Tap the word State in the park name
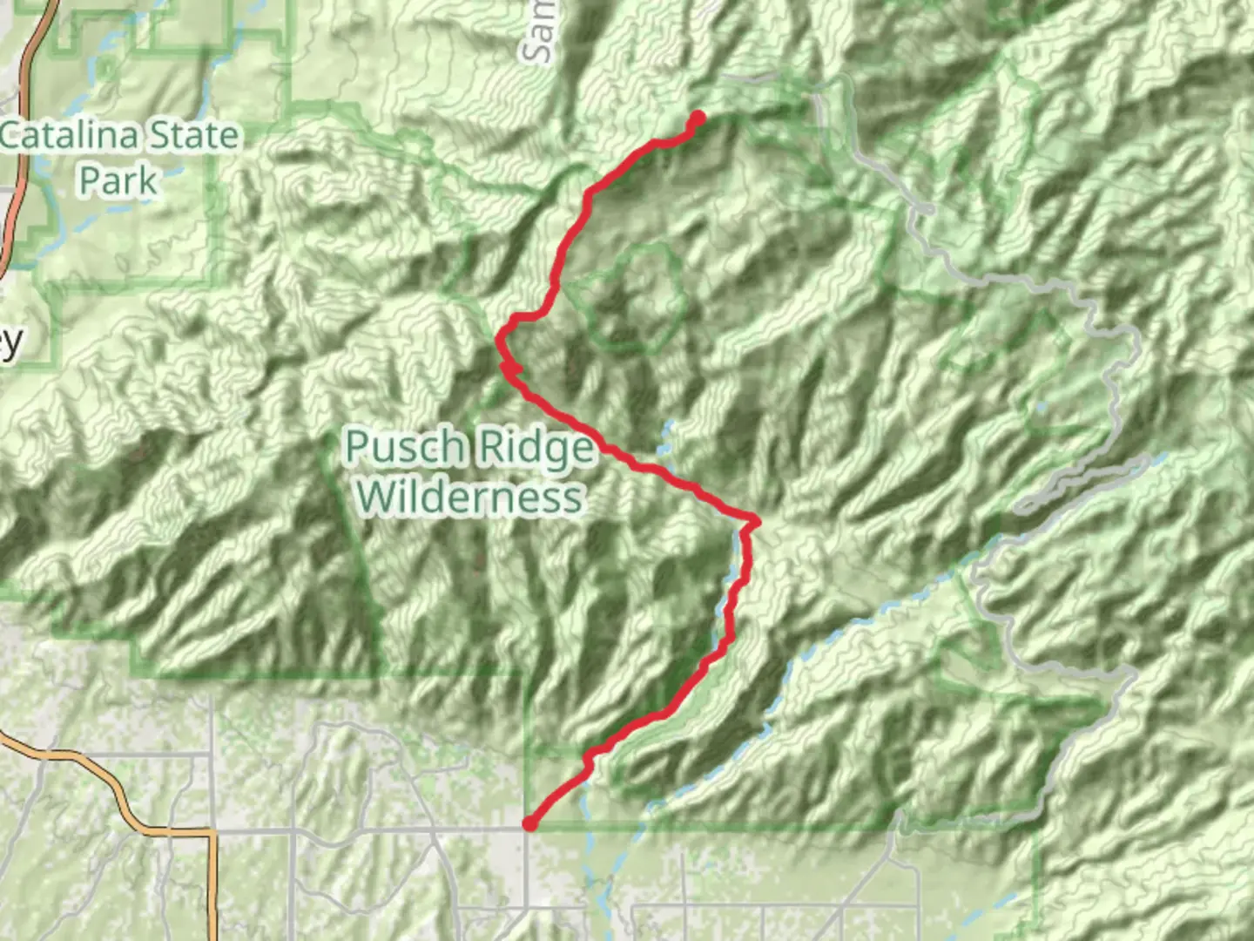tap(192, 137)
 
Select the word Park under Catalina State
tap(118, 181)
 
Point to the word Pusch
tap(404, 447)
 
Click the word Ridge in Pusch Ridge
tap(534, 449)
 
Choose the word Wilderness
tap(469, 497)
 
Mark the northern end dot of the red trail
tap(698, 118)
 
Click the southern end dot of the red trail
tap(529, 823)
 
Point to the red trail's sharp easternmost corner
tap(754, 521)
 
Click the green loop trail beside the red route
tap(640, 296)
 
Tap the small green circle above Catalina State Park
tap(106, 67)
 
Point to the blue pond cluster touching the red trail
tap(666, 440)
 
